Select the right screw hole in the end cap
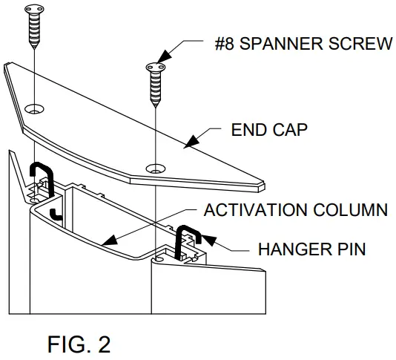155,168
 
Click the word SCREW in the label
360,44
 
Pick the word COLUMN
352,210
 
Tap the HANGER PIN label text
312,249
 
